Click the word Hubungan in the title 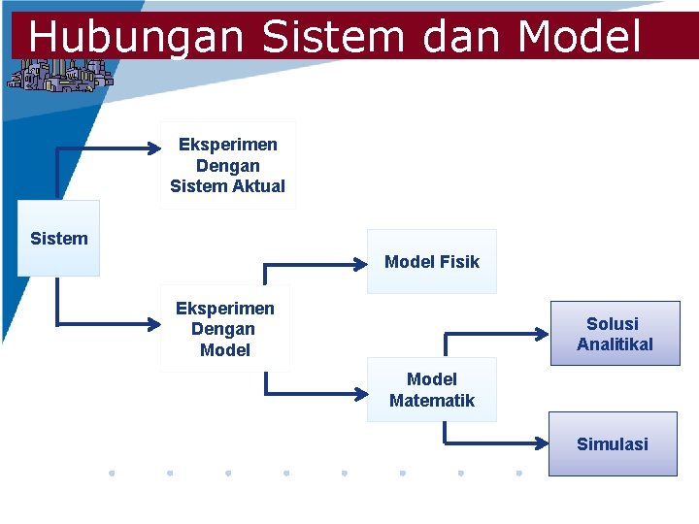coord(136,37)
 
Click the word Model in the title coord(580,37)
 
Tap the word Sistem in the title coord(333,37)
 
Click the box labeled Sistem coord(58,238)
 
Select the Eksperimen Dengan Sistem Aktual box coord(227,165)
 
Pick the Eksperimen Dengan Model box coord(224,329)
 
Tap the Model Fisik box coord(431,261)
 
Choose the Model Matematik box coord(431,389)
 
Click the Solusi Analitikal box coord(614,333)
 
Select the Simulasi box coord(612,443)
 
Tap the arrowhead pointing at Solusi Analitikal coord(544,333)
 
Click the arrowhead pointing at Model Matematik coord(359,394)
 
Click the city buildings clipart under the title coord(60,75)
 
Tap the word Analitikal coord(615,344)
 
